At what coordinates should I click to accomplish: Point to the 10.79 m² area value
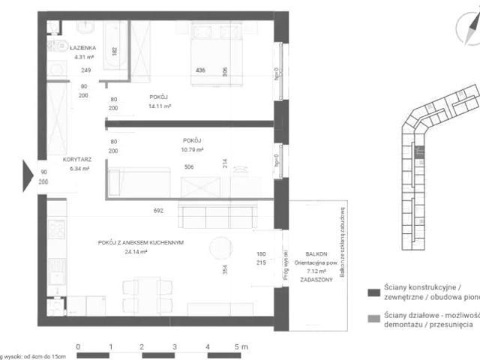pyautogui.click(x=192, y=149)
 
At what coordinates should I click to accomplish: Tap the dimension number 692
pyautogui.click(x=157, y=211)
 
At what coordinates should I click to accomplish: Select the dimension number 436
pyautogui.click(x=200, y=70)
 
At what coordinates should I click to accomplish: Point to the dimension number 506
pyautogui.click(x=189, y=167)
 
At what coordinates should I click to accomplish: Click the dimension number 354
pyautogui.click(x=224, y=271)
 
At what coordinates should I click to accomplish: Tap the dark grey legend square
pyautogui.click(x=372, y=292)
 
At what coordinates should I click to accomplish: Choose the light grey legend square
pyautogui.click(x=372, y=317)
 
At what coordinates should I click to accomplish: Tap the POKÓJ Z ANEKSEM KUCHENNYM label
pyautogui.click(x=141, y=242)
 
